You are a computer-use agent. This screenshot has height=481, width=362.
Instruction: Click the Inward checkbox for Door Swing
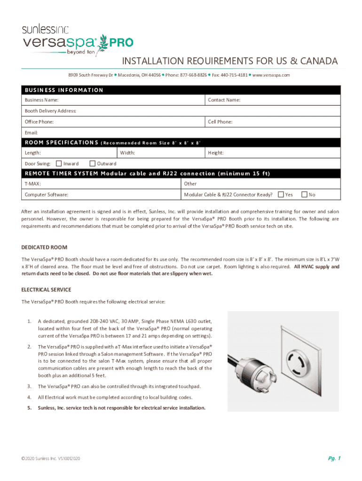pos(59,163)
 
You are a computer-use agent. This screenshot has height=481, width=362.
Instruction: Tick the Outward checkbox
pos(93,163)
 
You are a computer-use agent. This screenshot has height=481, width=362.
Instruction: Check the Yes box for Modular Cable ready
pos(281,194)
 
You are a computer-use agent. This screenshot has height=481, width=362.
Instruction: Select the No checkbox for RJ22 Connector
pos(304,194)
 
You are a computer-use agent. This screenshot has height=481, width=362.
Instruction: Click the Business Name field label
pos(41,100)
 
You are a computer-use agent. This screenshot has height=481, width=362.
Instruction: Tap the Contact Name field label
pos(224,100)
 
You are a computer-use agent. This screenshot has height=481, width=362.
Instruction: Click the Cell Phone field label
pos(220,122)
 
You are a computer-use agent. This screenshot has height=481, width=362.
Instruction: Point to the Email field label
pos(31,133)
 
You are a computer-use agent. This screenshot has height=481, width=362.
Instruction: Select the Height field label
pos(216,153)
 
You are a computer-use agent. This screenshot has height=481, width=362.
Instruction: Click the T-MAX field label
pos(33,184)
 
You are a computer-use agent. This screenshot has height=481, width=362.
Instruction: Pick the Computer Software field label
pos(47,194)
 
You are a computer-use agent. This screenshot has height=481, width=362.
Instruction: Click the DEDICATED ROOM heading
pos(44,247)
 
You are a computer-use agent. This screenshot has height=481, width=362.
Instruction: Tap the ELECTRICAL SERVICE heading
pos(47,290)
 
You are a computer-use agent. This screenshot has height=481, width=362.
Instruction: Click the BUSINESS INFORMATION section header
pos(64,90)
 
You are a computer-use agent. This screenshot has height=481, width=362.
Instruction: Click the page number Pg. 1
pos(334,458)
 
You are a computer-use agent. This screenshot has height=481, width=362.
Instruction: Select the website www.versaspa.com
pos(271,75)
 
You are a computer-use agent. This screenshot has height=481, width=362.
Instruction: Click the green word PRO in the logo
pos(121,43)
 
